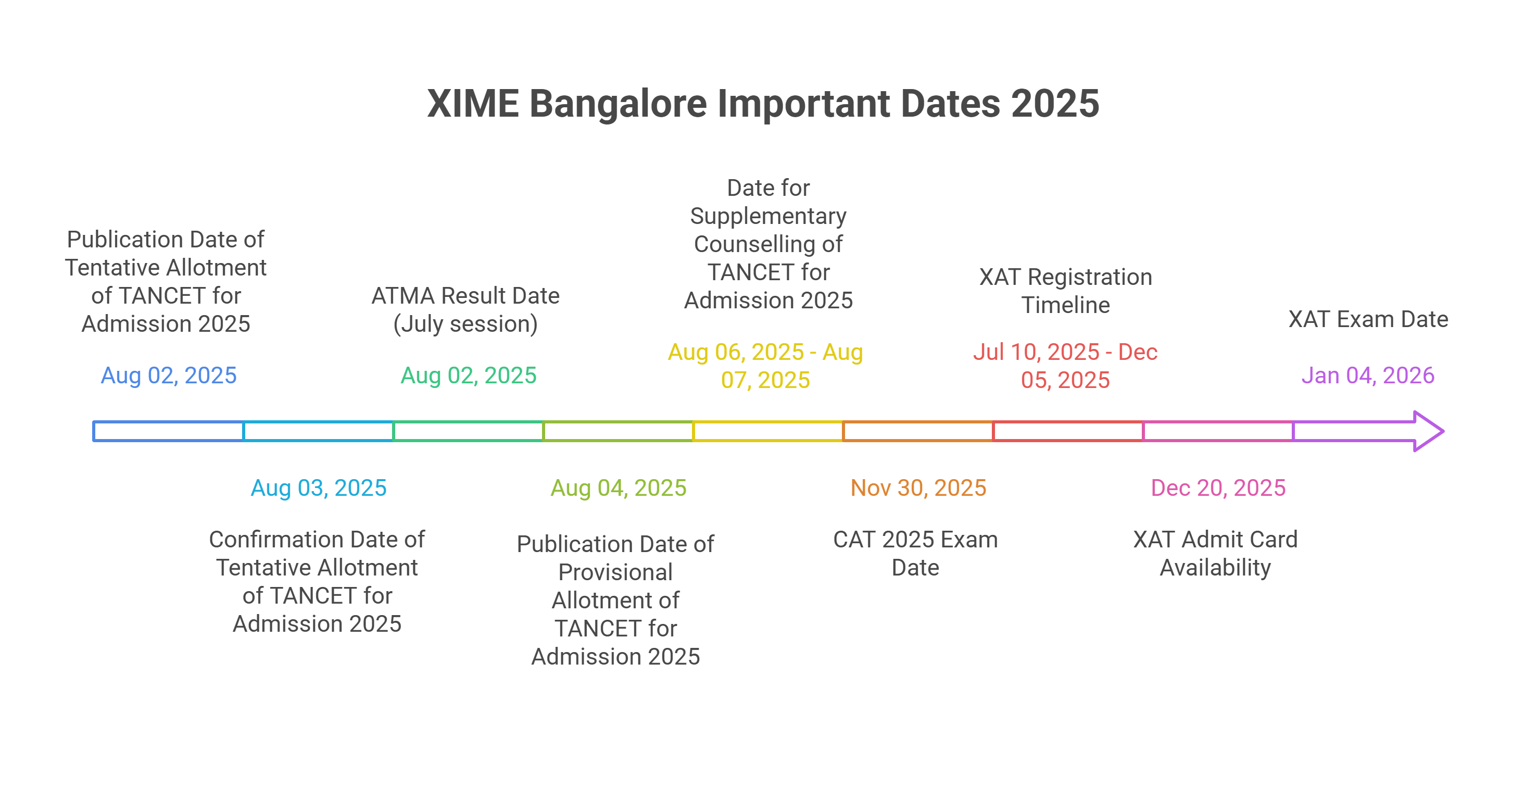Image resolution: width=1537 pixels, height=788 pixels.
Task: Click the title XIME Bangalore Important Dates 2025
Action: (763, 103)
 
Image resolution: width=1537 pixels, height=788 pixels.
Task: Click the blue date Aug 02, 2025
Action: (169, 376)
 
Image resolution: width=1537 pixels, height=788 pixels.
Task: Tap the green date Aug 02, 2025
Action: (469, 376)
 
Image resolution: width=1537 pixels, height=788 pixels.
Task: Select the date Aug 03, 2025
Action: (319, 487)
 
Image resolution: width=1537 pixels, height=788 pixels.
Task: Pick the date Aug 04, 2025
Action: (618, 487)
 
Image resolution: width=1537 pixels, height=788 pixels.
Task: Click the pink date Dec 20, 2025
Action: (1218, 487)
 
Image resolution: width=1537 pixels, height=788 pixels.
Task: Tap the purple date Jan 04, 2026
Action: (1368, 376)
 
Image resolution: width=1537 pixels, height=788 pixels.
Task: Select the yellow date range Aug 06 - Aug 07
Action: (765, 365)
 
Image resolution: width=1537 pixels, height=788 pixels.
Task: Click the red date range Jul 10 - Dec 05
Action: (1065, 365)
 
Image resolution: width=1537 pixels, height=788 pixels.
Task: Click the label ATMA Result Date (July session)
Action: (465, 309)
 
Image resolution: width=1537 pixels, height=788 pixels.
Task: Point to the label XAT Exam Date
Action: (1368, 319)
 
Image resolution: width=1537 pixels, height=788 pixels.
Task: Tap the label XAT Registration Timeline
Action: (1065, 291)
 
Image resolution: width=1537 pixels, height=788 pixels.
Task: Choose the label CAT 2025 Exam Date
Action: (915, 553)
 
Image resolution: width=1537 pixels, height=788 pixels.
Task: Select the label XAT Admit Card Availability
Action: (1215, 553)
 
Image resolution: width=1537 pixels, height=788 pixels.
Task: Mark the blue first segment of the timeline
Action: (169, 431)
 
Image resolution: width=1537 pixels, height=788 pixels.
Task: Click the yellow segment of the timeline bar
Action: (768, 431)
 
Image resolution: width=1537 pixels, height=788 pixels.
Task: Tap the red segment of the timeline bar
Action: (1068, 431)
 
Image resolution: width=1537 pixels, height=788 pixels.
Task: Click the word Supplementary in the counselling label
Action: (768, 216)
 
